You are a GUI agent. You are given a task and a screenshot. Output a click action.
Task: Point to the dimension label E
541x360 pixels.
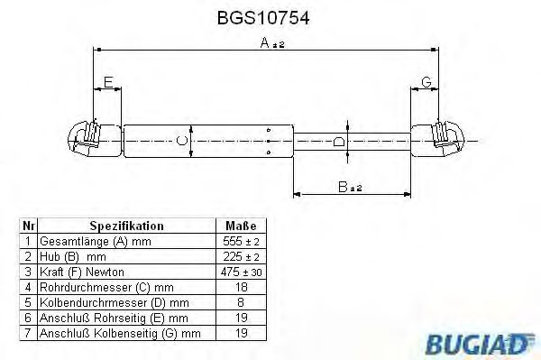pos(108,84)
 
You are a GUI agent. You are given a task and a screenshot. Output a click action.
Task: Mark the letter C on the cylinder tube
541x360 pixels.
pos(181,140)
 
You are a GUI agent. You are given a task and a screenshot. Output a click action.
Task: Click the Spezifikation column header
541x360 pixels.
pos(126,226)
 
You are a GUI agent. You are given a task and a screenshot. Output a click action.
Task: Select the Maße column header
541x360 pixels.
pos(240,226)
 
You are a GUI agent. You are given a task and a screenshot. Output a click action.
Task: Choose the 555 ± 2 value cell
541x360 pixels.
pos(240,242)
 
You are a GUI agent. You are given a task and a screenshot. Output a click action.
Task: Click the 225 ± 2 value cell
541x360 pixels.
pos(240,257)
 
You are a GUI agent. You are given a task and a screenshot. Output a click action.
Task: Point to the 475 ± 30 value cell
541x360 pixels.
pos(240,272)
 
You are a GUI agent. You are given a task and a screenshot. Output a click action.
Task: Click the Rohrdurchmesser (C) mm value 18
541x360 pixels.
pos(240,287)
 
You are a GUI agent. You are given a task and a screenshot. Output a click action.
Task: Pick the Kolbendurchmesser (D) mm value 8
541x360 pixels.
pos(240,302)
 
